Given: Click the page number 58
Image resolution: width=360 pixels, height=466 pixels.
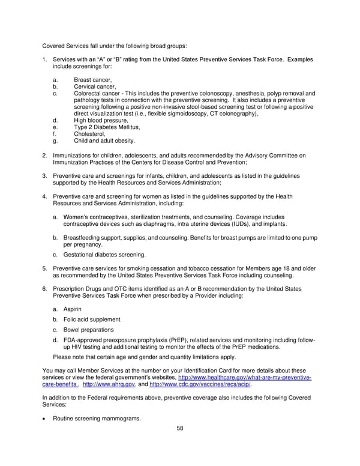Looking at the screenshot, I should click(180, 429).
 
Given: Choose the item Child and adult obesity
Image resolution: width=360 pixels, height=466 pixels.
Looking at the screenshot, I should click(104, 141).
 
